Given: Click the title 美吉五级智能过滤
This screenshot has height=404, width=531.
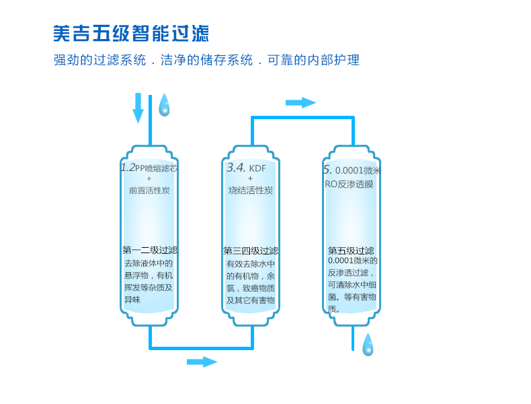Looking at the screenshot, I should tap(131, 34).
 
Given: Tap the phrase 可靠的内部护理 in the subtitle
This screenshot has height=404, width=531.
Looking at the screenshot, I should tap(314, 60).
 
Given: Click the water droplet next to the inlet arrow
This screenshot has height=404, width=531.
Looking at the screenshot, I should tap(164, 106).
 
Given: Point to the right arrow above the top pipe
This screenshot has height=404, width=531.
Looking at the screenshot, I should tap(300, 102).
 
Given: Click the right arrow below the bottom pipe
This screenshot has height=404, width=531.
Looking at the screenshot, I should tap(202, 362).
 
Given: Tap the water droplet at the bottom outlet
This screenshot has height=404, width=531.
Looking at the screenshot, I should tap(368, 345).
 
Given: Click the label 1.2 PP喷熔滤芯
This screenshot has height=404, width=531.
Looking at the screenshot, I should tap(149, 168).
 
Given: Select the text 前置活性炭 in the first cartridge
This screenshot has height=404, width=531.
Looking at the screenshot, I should tap(149, 191).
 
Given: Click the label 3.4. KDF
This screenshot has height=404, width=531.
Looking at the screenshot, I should tap(246, 168).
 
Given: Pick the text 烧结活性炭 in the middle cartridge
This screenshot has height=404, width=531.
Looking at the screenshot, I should tap(250, 191).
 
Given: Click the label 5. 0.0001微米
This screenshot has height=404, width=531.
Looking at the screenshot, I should tap(352, 170).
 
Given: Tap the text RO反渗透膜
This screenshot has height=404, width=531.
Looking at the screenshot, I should tap(349, 184).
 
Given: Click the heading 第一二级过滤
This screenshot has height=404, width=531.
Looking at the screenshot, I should tap(150, 250).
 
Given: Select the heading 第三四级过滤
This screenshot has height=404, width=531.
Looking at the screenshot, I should tap(250, 250).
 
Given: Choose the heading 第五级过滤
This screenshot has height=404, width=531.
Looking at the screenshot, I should tap(351, 250).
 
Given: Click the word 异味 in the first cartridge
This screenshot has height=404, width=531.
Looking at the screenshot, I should tap(132, 300).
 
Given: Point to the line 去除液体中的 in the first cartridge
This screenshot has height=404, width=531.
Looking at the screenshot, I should tap(149, 263).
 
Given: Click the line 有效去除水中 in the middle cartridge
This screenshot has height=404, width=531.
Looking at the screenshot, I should tap(250, 263).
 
